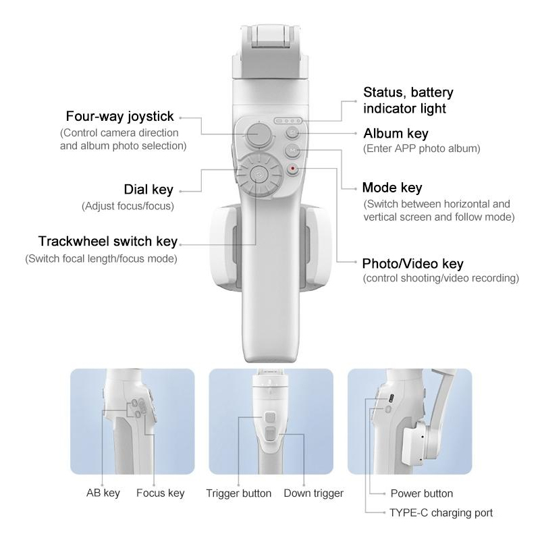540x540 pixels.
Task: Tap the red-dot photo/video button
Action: [x=293, y=169]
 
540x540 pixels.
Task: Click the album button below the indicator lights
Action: [x=293, y=132]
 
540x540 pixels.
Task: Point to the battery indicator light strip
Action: [x=288, y=121]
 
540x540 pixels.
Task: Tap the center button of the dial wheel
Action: [x=258, y=175]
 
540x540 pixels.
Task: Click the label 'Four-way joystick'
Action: [x=119, y=116]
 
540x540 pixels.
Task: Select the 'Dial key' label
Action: [x=148, y=190]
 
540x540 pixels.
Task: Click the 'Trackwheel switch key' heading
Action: [x=108, y=241]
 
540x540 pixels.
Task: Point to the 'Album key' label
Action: [x=396, y=133]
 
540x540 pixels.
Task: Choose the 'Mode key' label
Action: [x=392, y=188]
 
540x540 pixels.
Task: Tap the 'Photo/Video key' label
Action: [x=412, y=264]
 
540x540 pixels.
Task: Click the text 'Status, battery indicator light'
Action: [x=408, y=100]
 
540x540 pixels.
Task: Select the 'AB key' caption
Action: [x=103, y=493]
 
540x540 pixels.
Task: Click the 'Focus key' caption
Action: [x=160, y=493]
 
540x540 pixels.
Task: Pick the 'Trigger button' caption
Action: [x=238, y=493]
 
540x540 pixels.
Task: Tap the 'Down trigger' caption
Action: [x=313, y=493]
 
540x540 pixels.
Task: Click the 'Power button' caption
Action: [x=421, y=493]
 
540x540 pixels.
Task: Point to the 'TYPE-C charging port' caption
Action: [x=441, y=513]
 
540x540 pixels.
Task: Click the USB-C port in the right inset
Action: [x=391, y=398]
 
